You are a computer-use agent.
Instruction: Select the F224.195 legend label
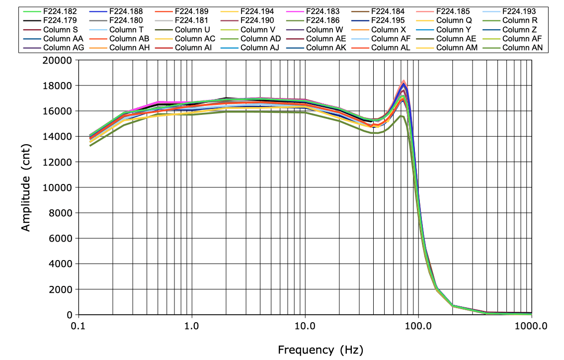pyautogui.click(x=389, y=20)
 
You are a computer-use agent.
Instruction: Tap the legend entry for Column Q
pyautogui.click(x=454, y=20)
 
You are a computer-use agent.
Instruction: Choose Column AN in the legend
pyautogui.click(x=522, y=48)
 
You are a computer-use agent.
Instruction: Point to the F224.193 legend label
pyautogui.click(x=520, y=11)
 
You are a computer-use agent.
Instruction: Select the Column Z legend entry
pyautogui.click(x=519, y=29)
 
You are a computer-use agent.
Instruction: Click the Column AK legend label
pyautogui.click(x=326, y=48)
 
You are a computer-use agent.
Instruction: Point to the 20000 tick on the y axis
pyautogui.click(x=59, y=60)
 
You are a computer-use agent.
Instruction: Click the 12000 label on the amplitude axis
pyautogui.click(x=59, y=162)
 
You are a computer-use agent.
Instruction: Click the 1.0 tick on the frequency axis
pyautogui.click(x=191, y=326)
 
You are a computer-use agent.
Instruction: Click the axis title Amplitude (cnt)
pyautogui.click(x=27, y=187)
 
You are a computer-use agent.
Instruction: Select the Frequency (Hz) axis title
pyautogui.click(x=321, y=350)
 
